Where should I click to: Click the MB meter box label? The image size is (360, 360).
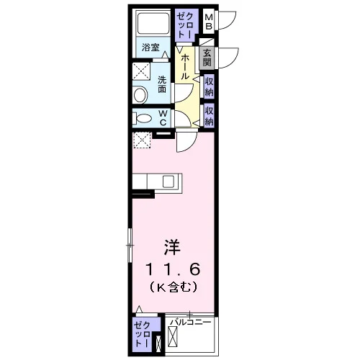[x=209, y=22]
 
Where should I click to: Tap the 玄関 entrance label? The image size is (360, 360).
[x=207, y=58]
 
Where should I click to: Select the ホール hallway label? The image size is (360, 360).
[x=184, y=67]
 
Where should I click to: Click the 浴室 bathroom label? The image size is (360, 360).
[x=150, y=47]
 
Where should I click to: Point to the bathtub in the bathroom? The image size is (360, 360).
[x=153, y=23]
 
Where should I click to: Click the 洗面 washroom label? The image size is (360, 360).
[x=162, y=84]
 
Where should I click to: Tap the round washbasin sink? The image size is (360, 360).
[x=140, y=95]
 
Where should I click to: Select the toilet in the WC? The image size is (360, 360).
[x=142, y=118]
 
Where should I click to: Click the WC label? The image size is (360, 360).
[x=163, y=117]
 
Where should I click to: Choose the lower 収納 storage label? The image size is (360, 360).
[x=209, y=116]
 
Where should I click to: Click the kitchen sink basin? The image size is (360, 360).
[x=168, y=181]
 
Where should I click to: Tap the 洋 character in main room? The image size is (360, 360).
[x=172, y=247]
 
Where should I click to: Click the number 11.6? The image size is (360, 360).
[x=173, y=269]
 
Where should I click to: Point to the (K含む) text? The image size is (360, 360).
[x=174, y=287]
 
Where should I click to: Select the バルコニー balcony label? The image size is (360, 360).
[x=190, y=322]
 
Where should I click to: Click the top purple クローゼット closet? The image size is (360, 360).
[x=184, y=24]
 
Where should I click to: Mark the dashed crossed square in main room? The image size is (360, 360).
[x=142, y=140]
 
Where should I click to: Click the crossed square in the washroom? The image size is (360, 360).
[x=141, y=71]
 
